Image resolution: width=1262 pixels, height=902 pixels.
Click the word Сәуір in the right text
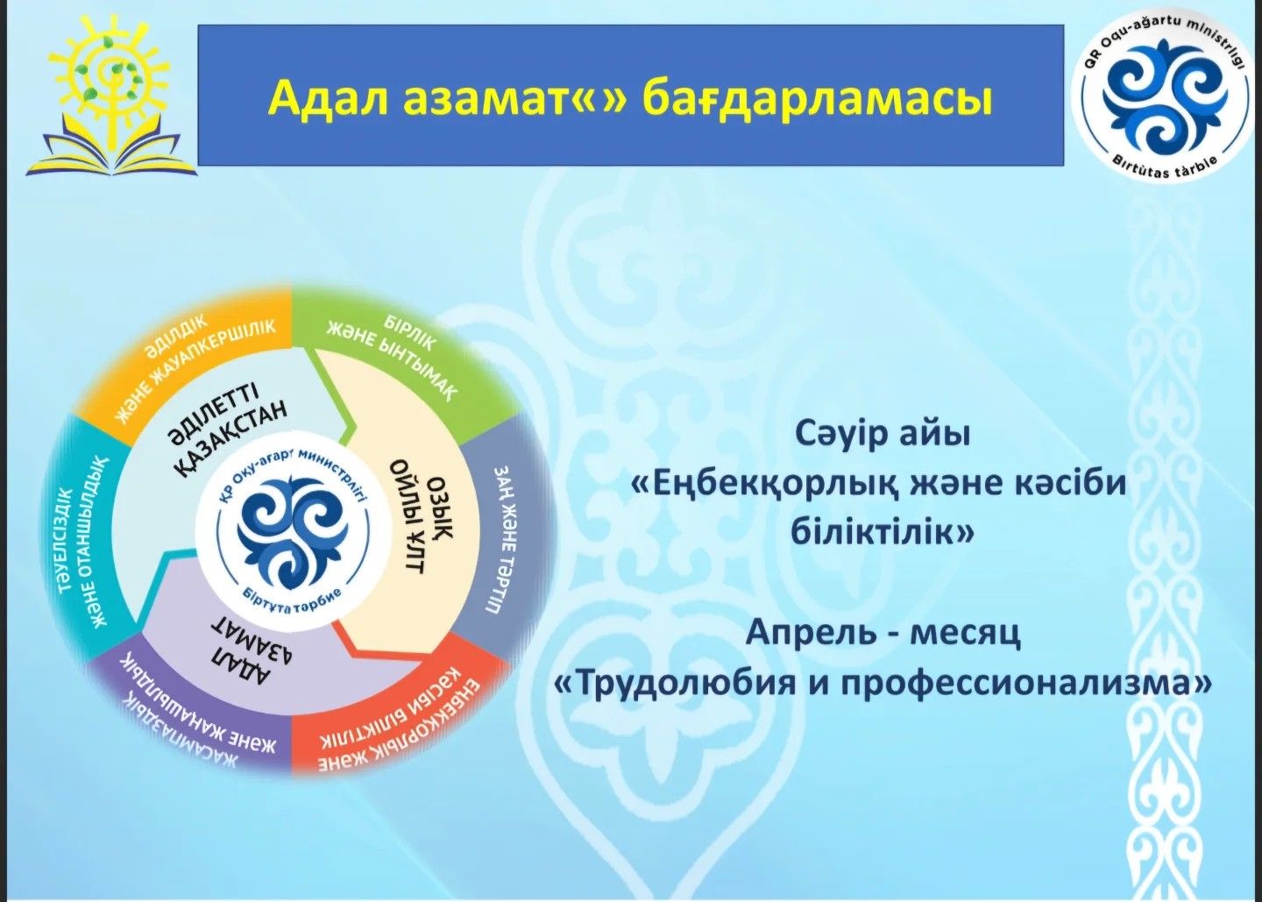tap(844, 436)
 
